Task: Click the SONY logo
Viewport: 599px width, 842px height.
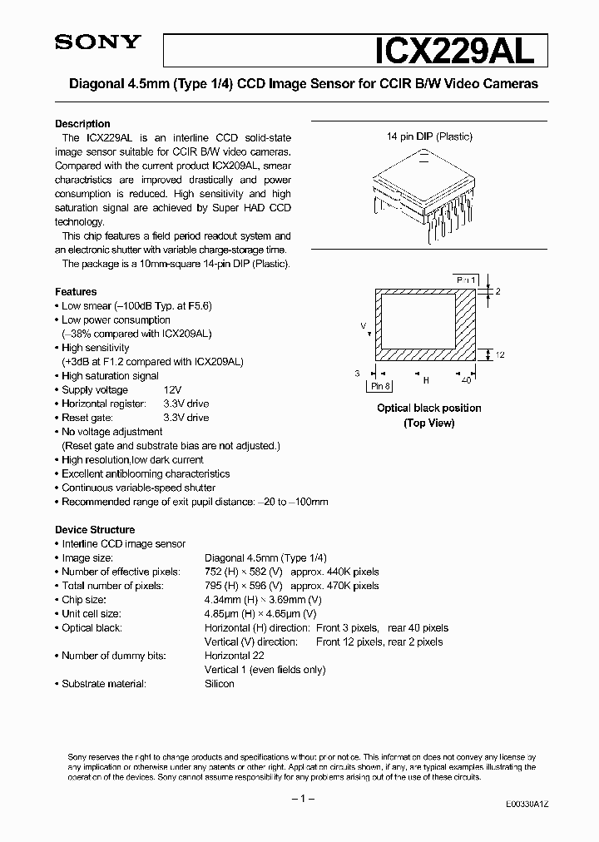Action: pyautogui.click(x=98, y=44)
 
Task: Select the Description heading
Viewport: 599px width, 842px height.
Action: pyautogui.click(x=82, y=123)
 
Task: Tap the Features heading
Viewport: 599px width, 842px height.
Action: pyautogui.click(x=76, y=292)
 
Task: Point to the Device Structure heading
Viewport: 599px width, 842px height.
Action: pyautogui.click(x=95, y=530)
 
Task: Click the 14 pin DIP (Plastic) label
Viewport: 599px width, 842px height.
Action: pyautogui.click(x=429, y=136)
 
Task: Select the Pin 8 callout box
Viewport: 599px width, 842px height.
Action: pyautogui.click(x=380, y=386)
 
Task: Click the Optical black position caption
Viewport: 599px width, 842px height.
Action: pyautogui.click(x=429, y=408)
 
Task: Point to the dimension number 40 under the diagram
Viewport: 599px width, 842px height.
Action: pyautogui.click(x=466, y=380)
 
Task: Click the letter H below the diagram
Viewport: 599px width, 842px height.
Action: pyautogui.click(x=426, y=380)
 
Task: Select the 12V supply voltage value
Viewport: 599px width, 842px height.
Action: pyautogui.click(x=172, y=390)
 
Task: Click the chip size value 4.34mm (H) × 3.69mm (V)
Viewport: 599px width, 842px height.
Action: pyautogui.click(x=263, y=600)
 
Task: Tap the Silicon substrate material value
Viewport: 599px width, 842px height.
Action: pyautogui.click(x=220, y=684)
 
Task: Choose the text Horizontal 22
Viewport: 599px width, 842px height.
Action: pyautogui.click(x=236, y=656)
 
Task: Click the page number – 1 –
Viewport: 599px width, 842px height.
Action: pyautogui.click(x=299, y=799)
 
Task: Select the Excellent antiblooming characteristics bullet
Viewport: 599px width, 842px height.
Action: pyautogui.click(x=146, y=473)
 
